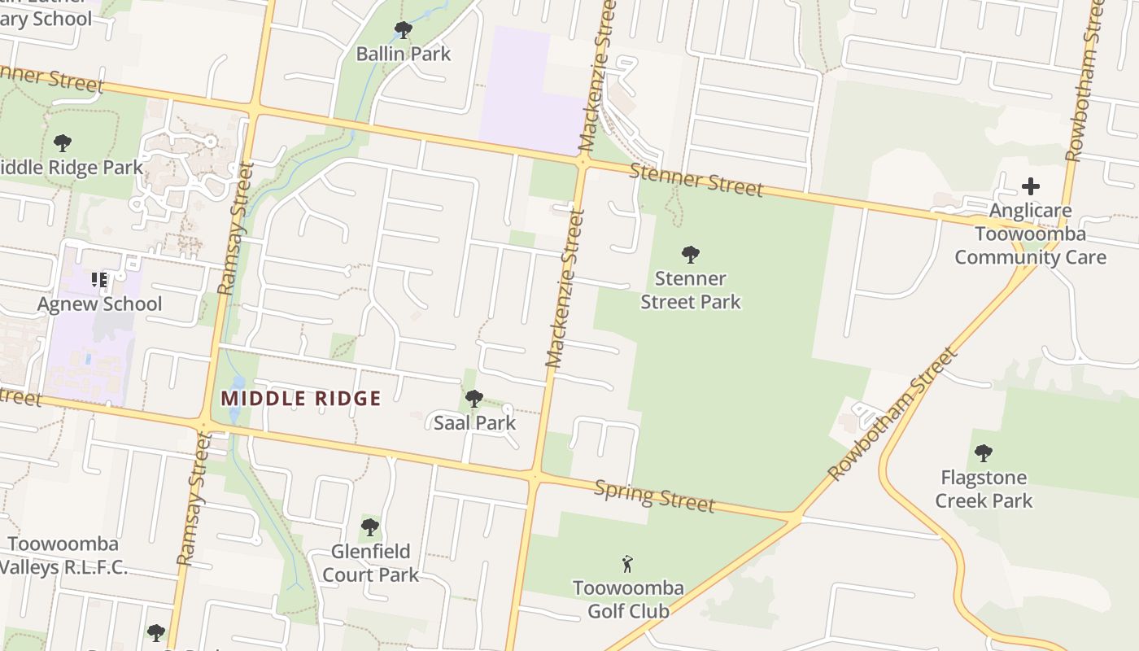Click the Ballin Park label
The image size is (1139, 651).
pos(404,54)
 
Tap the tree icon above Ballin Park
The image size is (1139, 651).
pos(403,31)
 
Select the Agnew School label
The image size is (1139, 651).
pos(100,304)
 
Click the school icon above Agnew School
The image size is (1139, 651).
pos(99,281)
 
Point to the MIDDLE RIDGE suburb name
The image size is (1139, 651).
pos(301,399)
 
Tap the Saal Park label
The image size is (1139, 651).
pos(475,422)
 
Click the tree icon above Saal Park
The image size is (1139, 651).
pos(474,399)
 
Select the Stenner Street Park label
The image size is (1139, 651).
pos(691,290)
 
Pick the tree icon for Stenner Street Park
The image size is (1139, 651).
pos(691,255)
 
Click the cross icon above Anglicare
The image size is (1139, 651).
pos(1030,186)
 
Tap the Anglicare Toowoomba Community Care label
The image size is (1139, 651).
pos(1030,234)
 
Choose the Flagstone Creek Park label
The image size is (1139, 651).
pos(984,488)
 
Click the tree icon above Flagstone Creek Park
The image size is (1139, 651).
pos(984,452)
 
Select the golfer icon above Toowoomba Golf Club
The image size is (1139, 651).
pos(627,564)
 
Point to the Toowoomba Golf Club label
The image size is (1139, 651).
pos(628,599)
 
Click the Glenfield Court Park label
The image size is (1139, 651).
pos(371,563)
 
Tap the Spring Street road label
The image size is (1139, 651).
pos(655,495)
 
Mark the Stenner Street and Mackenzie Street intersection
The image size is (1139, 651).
pos(583,162)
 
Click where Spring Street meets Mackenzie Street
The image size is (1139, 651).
pos(535,476)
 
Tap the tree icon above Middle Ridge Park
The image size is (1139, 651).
pos(63,144)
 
